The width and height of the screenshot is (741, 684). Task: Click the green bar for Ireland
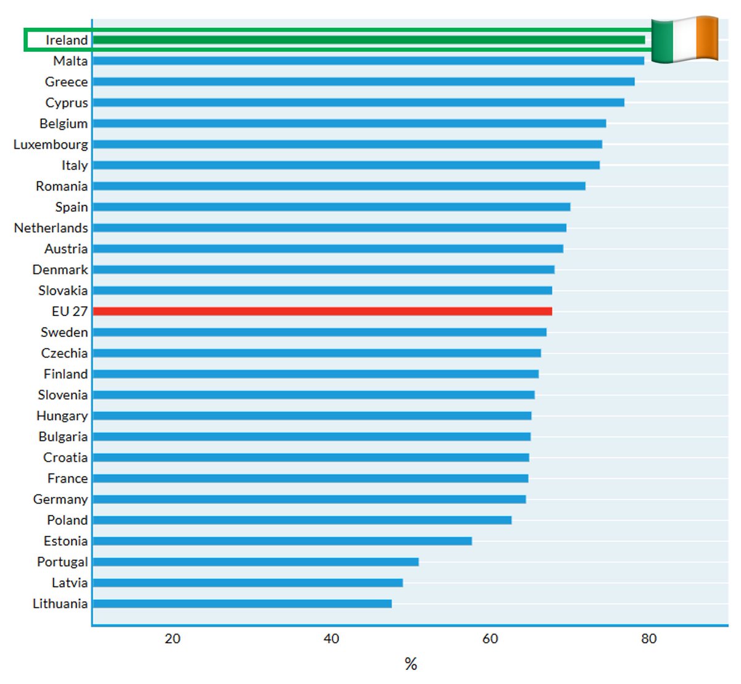[369, 40]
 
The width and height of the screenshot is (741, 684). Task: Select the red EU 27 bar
[322, 311]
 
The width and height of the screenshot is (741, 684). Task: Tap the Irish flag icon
[685, 40]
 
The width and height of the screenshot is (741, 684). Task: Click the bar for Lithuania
[242, 604]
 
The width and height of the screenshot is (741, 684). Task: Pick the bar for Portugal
[256, 562]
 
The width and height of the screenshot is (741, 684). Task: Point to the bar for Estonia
[282, 541]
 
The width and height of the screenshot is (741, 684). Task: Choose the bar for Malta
[368, 60]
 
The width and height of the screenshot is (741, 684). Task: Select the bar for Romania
[339, 186]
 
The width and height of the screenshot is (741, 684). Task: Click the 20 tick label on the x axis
[172, 639]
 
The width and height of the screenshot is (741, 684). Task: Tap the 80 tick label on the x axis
[648, 639]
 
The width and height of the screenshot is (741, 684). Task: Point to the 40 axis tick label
[331, 639]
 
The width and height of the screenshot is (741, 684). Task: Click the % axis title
[411, 664]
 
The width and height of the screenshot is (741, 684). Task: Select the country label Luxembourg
[51, 144]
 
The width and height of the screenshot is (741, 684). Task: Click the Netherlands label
[51, 228]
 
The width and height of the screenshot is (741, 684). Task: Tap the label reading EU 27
[70, 311]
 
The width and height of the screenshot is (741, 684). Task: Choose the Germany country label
[61, 499]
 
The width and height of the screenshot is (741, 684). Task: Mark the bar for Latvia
[248, 583]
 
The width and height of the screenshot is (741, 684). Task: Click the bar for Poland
[302, 520]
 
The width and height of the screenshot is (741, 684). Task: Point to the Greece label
[66, 81]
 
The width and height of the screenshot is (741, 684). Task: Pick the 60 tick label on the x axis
[490, 639]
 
